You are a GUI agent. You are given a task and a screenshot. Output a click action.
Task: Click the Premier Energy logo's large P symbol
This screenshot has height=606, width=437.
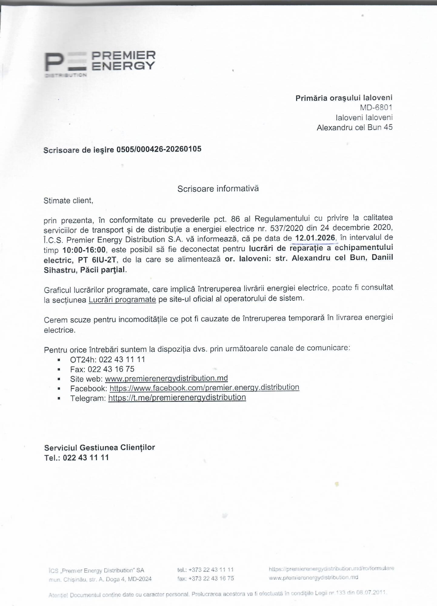click(x=54, y=62)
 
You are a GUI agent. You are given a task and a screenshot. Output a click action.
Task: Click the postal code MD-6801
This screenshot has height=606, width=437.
click(x=376, y=107)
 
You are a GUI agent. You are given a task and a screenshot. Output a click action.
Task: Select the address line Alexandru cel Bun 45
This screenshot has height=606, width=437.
click(x=354, y=127)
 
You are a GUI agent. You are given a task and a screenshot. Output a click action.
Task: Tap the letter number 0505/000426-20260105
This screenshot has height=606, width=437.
click(x=159, y=149)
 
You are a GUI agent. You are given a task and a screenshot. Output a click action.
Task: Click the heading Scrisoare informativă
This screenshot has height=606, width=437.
click(x=218, y=189)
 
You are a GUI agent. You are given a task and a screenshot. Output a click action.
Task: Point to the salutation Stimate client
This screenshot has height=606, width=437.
click(x=68, y=201)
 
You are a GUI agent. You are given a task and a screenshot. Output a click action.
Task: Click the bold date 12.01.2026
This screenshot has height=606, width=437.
click(x=315, y=238)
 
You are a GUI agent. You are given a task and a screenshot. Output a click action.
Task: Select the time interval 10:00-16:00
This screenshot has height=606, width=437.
click(x=84, y=250)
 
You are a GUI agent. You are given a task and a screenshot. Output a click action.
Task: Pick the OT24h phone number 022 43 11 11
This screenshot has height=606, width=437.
click(x=122, y=360)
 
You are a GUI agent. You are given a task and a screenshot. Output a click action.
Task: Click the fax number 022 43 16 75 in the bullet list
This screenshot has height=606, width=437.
click(x=111, y=369)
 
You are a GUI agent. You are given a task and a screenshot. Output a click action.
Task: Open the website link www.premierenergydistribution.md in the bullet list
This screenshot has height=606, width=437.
click(x=166, y=378)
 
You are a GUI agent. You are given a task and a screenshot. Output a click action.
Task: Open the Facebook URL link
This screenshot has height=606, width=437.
click(x=204, y=388)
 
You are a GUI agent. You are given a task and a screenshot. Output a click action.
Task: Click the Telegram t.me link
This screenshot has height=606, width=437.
click(x=177, y=397)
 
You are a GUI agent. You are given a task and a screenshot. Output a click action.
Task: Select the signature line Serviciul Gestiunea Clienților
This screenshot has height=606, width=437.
click(x=99, y=447)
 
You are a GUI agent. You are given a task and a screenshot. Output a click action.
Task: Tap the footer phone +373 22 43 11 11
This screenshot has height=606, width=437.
click(x=211, y=570)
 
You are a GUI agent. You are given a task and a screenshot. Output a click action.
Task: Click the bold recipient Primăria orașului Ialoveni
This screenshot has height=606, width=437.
click(x=344, y=98)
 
